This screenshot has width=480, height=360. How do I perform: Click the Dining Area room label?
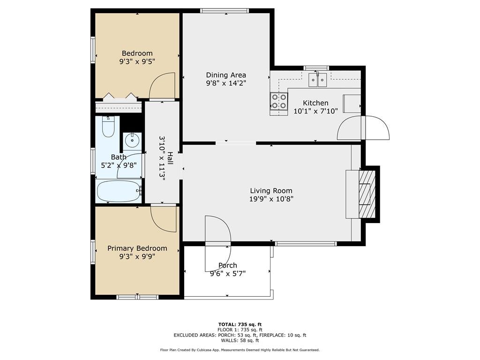tap(226, 75)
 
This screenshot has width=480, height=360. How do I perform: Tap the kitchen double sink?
tap(318, 80)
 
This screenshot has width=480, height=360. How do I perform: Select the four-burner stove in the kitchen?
tap(279, 102)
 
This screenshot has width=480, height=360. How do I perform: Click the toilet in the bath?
tap(108, 127)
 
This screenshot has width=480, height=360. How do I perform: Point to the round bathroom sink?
tap(133, 140)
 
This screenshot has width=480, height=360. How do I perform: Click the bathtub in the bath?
tap(118, 191)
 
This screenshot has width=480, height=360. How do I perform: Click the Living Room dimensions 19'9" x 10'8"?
tap(271, 199)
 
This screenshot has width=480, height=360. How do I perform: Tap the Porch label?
tap(228, 265)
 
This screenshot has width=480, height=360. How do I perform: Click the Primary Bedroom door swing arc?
tap(163, 219)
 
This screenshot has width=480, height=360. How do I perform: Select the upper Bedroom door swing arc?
tap(163, 86)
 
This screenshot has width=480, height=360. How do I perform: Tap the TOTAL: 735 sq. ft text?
tap(240, 324)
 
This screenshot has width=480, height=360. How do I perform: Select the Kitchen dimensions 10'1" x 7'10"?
tap(311, 111)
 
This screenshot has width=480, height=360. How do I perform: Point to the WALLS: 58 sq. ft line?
tap(240, 341)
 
